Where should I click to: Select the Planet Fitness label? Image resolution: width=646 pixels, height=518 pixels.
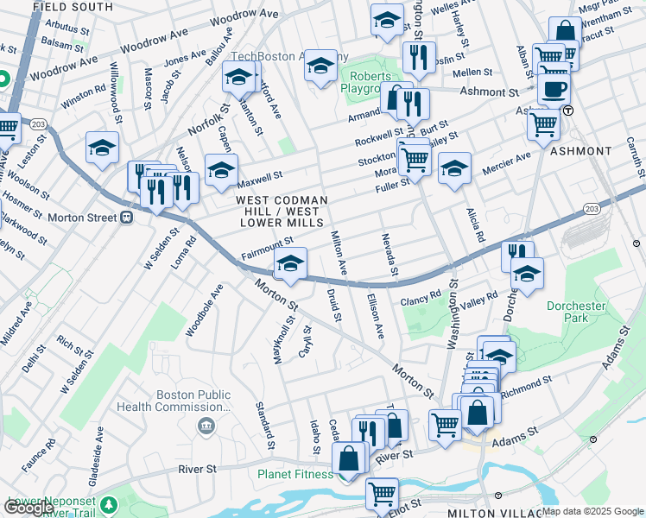pyautogui.click(x=295, y=474)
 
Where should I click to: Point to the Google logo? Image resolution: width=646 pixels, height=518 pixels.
pyautogui.click(x=28, y=508)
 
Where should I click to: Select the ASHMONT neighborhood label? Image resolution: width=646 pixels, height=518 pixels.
pyautogui.click(x=580, y=151)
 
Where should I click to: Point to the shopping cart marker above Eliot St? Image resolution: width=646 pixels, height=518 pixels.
pyautogui.click(x=382, y=493)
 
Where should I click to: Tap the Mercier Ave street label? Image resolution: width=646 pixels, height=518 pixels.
pyautogui.click(x=507, y=161)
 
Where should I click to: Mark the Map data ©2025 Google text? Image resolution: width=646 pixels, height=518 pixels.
pyautogui.click(x=592, y=511)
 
